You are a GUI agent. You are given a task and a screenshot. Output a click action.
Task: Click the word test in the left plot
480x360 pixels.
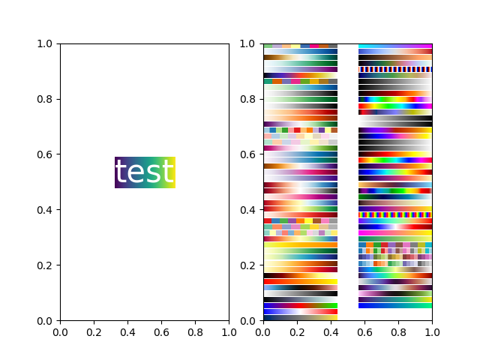[145, 172]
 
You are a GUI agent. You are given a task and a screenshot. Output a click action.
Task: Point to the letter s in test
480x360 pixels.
[151, 174]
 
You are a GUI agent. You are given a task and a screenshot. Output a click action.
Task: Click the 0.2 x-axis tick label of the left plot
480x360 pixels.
[94, 331]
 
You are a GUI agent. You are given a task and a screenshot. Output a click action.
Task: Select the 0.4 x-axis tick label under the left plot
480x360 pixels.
[127, 331]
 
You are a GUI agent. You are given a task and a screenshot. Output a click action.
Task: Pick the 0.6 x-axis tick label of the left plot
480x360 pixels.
[161, 331]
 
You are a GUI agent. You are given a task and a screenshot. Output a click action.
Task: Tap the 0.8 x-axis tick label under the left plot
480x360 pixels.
[195, 331]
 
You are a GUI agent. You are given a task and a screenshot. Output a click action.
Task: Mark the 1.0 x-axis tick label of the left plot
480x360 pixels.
[229, 331]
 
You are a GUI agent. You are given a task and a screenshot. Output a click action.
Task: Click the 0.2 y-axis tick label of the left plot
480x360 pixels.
[46, 265]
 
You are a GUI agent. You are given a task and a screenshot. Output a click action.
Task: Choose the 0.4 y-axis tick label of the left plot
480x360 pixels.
[46, 210]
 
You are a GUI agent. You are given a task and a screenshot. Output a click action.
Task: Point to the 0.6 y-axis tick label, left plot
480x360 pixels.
[46, 154]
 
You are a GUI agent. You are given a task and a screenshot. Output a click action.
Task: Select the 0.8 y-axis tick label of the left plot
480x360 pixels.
[46, 99]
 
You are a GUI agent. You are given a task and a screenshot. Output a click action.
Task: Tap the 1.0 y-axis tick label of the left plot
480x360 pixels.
[46, 43]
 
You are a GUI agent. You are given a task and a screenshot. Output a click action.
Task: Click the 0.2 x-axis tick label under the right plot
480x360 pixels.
[297, 331]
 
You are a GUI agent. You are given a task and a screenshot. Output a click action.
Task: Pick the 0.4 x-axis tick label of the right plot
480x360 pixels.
[331, 331]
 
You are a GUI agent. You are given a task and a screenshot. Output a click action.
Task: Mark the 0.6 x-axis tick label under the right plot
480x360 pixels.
[364, 331]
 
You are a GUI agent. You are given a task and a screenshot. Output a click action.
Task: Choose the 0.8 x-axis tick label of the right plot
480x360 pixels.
[398, 331]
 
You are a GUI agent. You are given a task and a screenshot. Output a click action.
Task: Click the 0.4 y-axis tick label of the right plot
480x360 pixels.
[249, 210]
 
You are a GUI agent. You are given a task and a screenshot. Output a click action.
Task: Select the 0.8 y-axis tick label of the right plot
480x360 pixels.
[249, 99]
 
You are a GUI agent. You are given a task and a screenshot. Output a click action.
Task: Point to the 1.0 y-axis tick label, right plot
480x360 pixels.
[249, 43]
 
